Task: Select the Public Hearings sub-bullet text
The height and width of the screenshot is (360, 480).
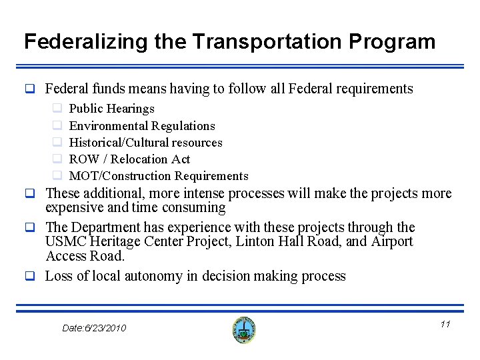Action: point(111,109)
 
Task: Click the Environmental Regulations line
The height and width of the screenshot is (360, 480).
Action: point(142,125)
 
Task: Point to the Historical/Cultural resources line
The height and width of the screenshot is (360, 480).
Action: point(145,142)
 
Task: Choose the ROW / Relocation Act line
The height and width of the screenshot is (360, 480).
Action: point(129,159)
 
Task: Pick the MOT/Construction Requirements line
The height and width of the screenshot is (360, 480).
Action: point(159,176)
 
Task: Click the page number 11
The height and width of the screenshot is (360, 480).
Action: point(445,324)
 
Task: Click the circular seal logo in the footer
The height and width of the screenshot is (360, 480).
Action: point(244,329)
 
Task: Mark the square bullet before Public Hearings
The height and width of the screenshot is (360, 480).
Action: point(57,109)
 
